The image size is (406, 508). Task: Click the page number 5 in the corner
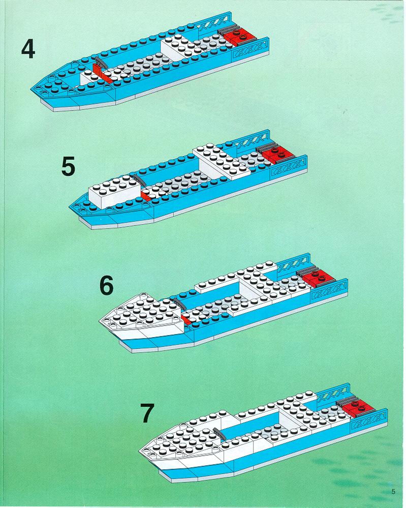click(393, 491)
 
